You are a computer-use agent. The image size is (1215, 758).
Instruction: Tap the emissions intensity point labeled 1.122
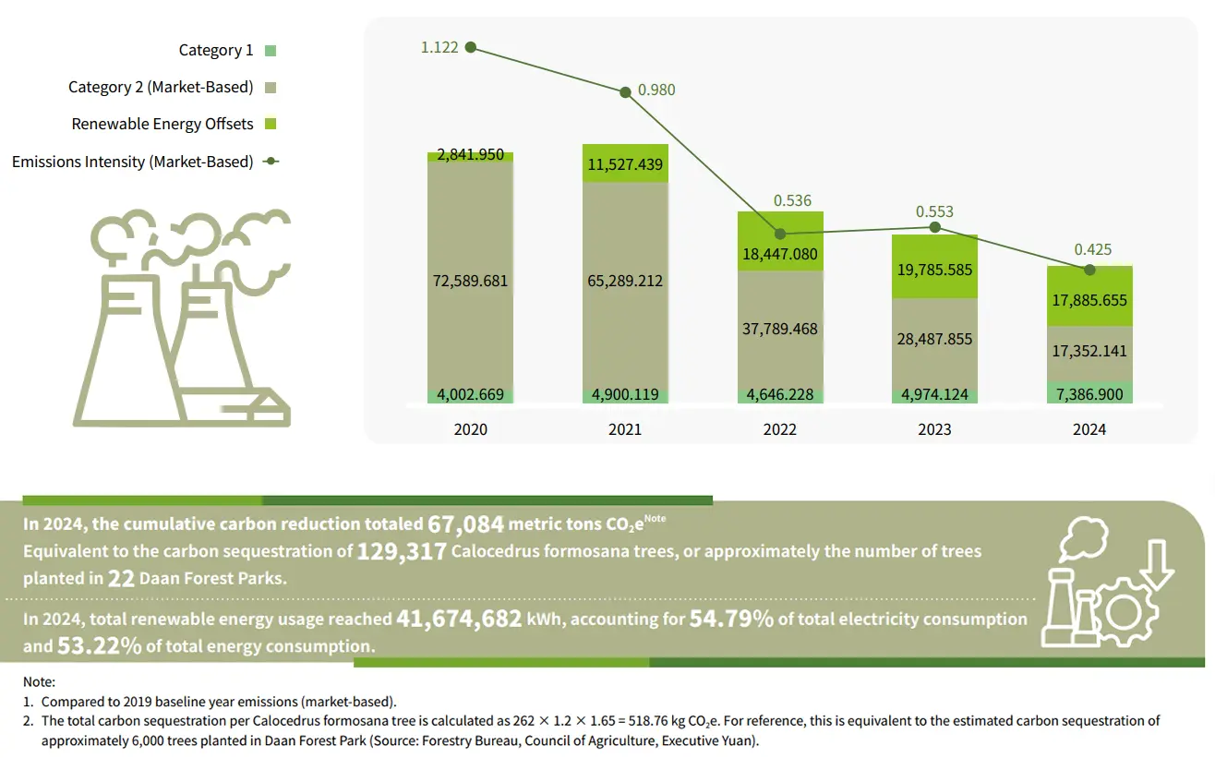click(471, 47)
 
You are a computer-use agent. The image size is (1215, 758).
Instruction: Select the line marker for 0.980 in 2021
click(625, 90)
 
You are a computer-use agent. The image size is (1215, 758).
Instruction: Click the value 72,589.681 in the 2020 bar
click(471, 280)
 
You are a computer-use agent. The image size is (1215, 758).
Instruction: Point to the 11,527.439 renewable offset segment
click(625, 165)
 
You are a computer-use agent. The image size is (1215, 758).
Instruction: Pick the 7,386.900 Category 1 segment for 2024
click(1089, 393)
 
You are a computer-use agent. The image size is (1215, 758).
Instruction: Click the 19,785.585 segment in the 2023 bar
click(934, 271)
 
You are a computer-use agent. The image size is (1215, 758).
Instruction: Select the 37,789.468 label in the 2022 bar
click(780, 329)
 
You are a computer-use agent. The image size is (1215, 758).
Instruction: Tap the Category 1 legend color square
click(270, 51)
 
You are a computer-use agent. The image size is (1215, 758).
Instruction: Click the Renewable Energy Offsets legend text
click(162, 124)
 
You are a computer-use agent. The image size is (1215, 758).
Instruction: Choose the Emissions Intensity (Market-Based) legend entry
click(133, 162)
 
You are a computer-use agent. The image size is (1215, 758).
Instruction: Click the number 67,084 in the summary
click(466, 524)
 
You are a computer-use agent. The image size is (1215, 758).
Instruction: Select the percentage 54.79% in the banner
click(731, 619)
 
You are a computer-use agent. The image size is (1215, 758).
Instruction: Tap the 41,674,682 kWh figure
click(459, 619)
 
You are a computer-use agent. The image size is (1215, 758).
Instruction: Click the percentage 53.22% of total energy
click(100, 645)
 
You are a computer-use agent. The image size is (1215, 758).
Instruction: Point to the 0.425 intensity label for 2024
click(1093, 249)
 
